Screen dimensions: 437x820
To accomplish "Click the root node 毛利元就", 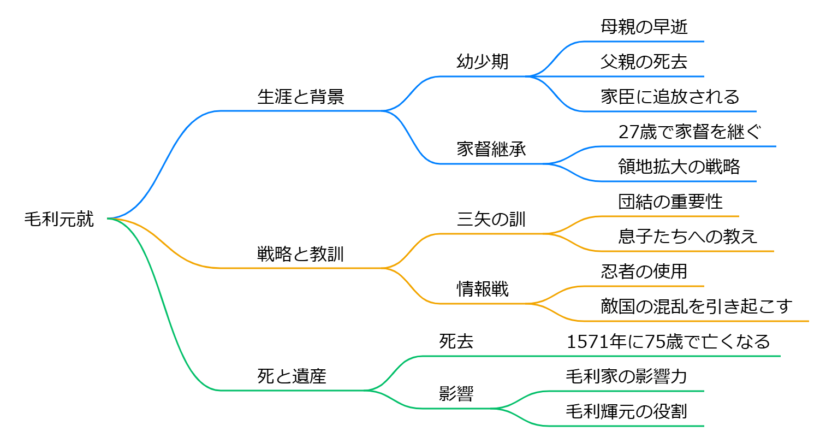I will coord(59,220).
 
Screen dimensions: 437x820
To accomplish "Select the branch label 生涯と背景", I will coord(300,97).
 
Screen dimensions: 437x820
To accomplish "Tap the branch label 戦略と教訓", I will coord(300,254).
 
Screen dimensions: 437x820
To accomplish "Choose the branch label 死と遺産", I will coord(292,376).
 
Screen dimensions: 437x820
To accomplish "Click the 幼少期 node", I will coord(482,62).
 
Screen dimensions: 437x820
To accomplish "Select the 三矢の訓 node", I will coord(491,220).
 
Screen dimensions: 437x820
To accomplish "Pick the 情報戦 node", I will coord(483,290).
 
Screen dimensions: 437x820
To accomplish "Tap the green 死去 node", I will coord(456,342).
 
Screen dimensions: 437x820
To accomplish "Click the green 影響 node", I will coord(456,393).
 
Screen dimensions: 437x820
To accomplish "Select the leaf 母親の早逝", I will coord(644,27).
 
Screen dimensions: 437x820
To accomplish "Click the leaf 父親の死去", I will coord(644,62).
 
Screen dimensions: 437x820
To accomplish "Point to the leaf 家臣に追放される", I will coord(670,97).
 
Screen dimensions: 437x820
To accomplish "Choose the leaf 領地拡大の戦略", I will coord(679,167).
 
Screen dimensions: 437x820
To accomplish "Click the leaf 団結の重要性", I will coord(670,202).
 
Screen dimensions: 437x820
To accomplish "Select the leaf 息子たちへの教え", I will coord(688,237).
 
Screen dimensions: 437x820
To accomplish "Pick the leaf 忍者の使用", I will coord(644,271).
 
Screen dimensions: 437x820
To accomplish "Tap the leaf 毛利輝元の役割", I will coord(626,411).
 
